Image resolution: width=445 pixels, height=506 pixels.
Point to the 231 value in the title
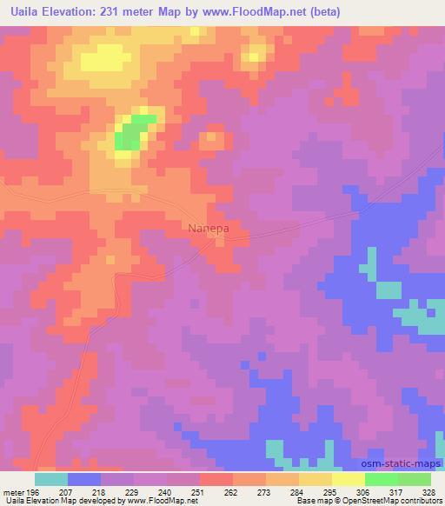click(127, 11)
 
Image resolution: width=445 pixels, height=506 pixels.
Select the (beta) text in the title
click(321, 11)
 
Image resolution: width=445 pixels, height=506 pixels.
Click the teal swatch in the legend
click(51, 479)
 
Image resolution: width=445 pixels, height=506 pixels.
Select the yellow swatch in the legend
click(348, 479)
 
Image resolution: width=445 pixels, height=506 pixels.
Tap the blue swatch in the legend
click(84, 479)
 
